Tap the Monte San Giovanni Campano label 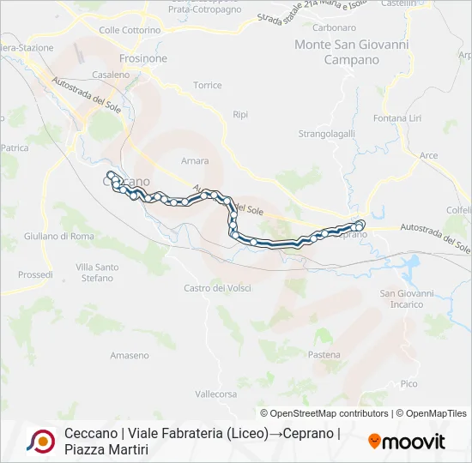click(351, 51)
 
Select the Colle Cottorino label click(130, 30)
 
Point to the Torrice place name click(207, 85)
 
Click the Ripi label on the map click(240, 114)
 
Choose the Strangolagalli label click(326, 134)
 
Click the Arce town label click(429, 155)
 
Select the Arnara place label click(195, 160)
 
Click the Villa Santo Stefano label click(97, 273)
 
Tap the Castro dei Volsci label click(217, 288)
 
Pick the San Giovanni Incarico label click(406, 299)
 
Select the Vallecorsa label click(215, 394)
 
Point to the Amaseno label click(130, 355)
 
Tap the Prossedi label click(35, 275)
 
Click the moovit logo click(407, 441)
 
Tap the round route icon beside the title click(41, 441)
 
